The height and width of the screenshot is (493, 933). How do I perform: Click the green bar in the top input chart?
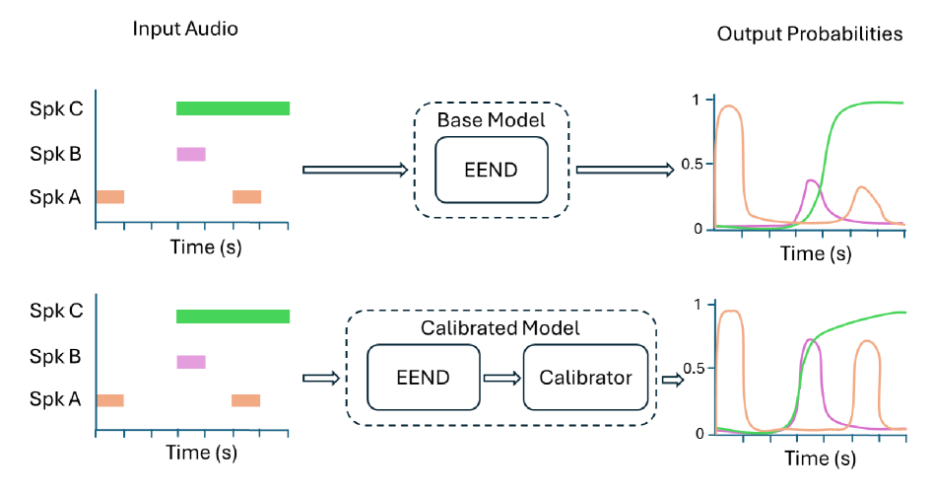(x=233, y=108)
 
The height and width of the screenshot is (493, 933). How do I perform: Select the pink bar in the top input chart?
(x=191, y=154)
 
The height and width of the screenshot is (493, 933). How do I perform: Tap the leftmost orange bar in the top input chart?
(x=110, y=197)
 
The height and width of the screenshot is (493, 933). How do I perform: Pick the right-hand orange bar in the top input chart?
(x=247, y=197)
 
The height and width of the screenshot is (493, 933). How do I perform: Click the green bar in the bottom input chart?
(x=233, y=317)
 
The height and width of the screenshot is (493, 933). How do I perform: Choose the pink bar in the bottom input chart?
(x=191, y=362)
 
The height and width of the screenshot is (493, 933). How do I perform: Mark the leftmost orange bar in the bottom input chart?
(x=110, y=400)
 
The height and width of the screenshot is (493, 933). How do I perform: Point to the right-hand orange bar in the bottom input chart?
(x=246, y=400)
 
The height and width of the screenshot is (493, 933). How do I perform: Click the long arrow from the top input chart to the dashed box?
(x=355, y=171)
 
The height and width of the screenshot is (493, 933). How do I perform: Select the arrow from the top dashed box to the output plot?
(x=625, y=171)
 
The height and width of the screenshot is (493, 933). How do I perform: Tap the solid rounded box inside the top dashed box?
(x=492, y=170)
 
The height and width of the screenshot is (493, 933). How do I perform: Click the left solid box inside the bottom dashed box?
(x=424, y=377)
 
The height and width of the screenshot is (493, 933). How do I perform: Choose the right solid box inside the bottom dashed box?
(x=585, y=377)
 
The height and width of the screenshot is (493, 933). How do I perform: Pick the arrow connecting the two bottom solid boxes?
(x=501, y=379)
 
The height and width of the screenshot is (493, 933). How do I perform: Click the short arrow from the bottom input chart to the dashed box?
(x=322, y=379)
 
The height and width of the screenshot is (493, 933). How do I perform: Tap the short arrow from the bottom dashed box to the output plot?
(x=672, y=380)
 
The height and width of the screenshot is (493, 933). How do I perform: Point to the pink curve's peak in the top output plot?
(x=811, y=180)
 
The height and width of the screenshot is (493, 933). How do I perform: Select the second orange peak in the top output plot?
(x=862, y=187)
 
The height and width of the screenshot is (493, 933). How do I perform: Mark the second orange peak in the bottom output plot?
(x=867, y=342)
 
